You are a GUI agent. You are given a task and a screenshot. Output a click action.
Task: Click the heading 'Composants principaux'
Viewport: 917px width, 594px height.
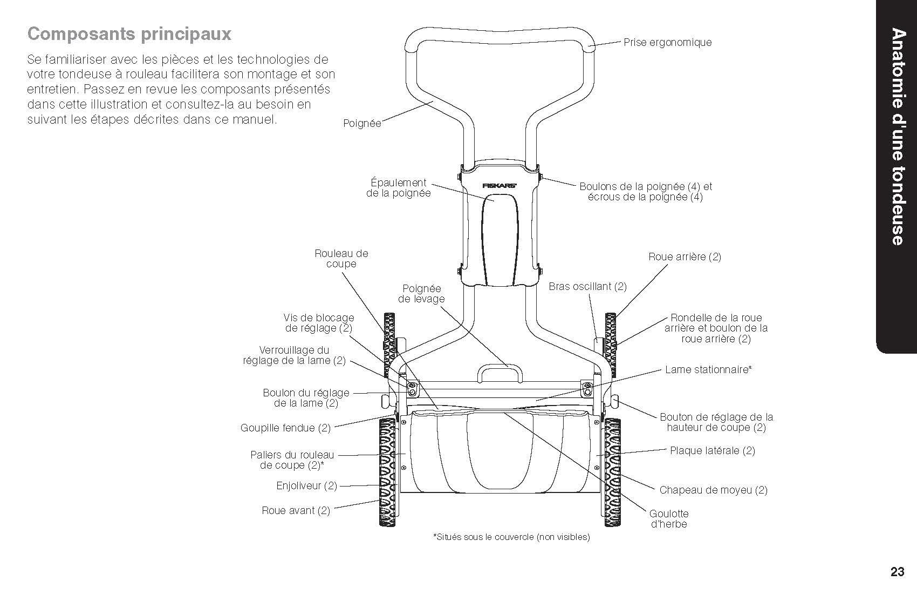point(129,34)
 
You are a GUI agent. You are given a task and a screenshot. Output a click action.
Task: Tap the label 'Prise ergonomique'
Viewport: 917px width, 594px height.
point(667,42)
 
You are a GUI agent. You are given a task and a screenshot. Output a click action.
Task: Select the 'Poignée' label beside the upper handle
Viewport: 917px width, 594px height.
point(362,124)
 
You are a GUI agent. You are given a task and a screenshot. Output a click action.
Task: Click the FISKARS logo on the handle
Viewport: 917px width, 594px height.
point(499,185)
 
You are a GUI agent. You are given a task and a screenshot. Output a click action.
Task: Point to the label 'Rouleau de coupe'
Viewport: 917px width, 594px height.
point(341,259)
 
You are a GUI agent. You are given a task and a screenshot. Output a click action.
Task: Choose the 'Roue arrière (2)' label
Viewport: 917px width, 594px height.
point(685,257)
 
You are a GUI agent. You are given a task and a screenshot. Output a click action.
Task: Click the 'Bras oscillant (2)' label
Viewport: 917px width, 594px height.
point(587,286)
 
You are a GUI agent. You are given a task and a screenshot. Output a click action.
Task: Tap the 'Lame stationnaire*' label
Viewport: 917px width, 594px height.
point(708,370)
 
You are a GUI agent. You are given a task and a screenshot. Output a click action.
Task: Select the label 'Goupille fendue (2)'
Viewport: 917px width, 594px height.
point(285,428)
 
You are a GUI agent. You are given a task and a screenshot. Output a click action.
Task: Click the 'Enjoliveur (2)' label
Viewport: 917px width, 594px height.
point(306,486)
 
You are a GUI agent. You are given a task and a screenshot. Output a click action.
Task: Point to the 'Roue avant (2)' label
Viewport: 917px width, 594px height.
point(296,511)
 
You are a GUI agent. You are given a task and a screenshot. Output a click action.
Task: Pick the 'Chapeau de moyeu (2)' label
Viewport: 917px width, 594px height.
point(713,490)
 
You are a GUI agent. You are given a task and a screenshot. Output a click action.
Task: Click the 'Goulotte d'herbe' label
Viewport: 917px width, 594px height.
point(669,519)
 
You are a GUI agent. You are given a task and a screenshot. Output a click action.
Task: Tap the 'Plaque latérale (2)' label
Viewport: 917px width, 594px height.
point(712,450)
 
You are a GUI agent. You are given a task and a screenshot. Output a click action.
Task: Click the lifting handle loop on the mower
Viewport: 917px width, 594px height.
point(499,372)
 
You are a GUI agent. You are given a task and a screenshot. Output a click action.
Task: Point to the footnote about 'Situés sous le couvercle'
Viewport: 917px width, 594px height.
point(511,537)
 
